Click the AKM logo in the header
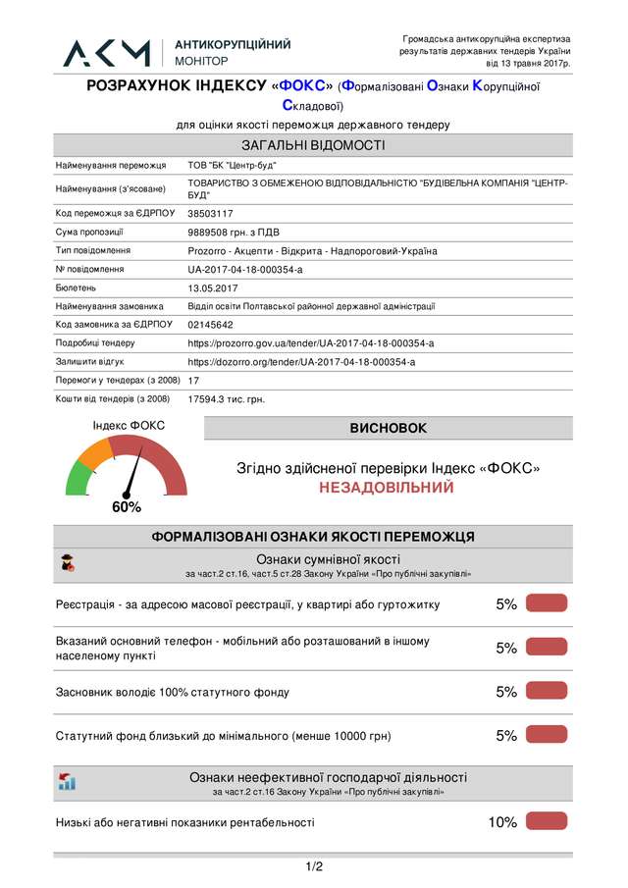point(107,53)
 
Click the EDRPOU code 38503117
point(210,213)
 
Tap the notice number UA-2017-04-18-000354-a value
point(245,269)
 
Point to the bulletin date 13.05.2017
point(213,287)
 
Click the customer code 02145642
point(210,325)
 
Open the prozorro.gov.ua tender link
point(310,343)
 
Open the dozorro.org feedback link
point(301,362)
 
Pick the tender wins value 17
point(193,380)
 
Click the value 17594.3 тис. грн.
point(226,399)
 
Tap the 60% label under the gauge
point(127,507)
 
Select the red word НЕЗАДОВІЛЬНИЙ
point(387,488)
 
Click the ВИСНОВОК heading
point(389,429)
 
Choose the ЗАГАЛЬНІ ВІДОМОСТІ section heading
point(313,146)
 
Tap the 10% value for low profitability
point(502,822)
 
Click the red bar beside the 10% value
point(547,821)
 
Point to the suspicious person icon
point(67,563)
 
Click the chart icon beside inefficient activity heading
point(67,782)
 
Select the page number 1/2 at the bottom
point(314,866)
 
